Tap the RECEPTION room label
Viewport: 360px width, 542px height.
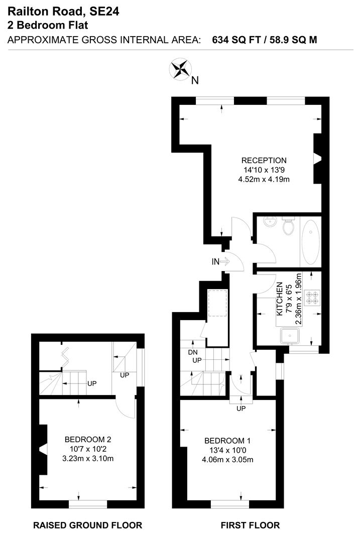(x=264, y=161)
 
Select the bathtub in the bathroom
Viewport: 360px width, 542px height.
(x=311, y=241)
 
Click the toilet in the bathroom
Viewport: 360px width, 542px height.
(x=288, y=227)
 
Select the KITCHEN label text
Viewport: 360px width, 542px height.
(x=280, y=299)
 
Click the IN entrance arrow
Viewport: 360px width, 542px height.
(x=220, y=261)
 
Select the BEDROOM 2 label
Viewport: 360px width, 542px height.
(x=87, y=440)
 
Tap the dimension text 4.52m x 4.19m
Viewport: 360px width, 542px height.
(x=264, y=179)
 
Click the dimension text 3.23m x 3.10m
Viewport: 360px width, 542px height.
(x=87, y=458)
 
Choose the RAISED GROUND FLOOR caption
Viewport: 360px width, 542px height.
(x=87, y=525)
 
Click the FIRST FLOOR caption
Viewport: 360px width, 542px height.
(x=250, y=525)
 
